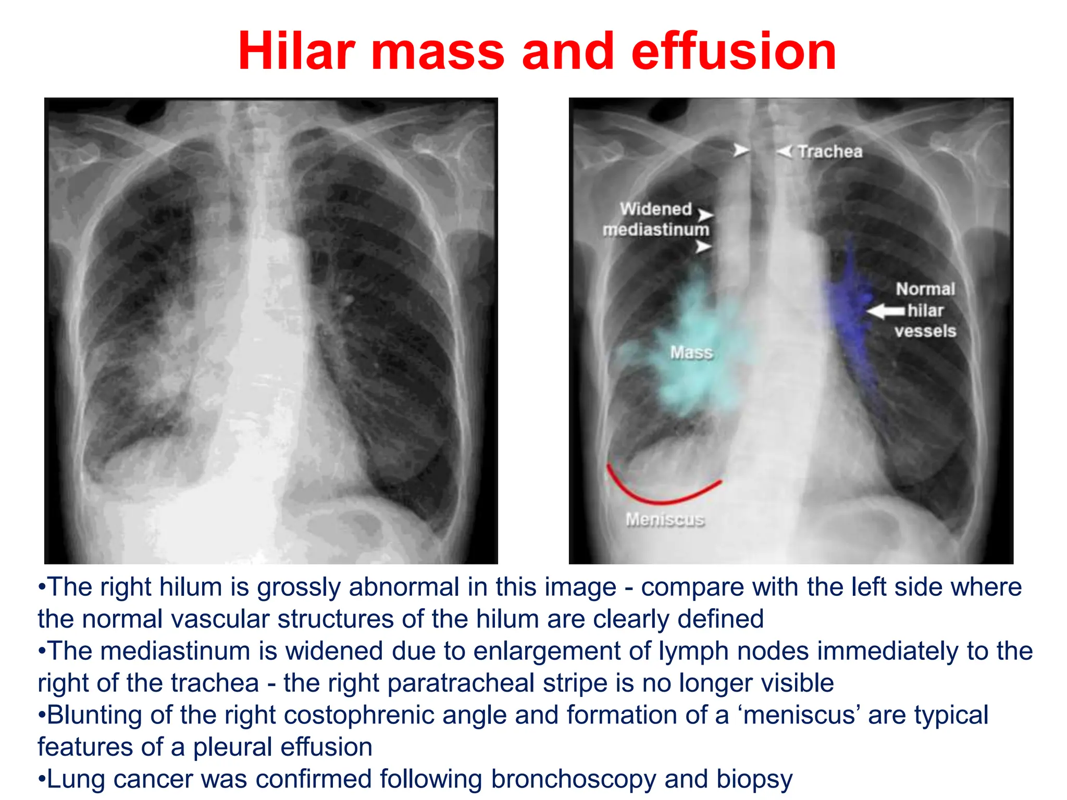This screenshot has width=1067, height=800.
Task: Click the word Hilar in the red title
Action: click(296, 52)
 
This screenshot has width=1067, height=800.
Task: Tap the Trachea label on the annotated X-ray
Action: click(830, 152)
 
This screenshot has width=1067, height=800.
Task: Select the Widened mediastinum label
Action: click(656, 219)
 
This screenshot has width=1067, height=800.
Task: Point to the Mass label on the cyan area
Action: click(691, 353)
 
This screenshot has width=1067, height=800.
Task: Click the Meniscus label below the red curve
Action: click(665, 519)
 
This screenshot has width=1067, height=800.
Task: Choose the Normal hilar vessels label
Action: click(925, 310)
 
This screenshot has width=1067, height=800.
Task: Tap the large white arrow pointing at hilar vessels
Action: click(886, 311)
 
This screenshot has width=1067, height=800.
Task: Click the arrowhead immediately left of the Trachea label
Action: click(784, 152)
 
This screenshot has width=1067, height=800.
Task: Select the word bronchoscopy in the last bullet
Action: click(573, 780)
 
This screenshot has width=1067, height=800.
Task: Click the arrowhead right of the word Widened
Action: click(705, 215)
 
